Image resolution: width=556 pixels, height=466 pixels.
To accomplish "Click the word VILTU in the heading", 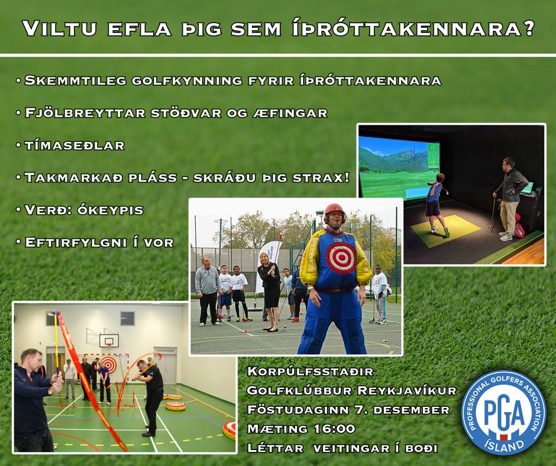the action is tap(60, 28).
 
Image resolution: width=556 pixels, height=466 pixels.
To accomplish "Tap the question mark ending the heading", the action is tap(528, 28).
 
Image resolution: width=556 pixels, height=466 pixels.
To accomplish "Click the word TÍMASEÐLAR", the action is tap(75, 145).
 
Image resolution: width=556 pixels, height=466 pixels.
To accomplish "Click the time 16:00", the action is tap(335, 429).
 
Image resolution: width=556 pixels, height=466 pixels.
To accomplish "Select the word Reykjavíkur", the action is tap(407, 390).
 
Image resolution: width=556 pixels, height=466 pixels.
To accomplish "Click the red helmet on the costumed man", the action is tap(334, 212).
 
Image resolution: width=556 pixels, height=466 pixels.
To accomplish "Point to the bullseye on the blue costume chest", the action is tap(341, 257).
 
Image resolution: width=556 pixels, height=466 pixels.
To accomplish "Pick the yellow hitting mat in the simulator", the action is tap(445, 231).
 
